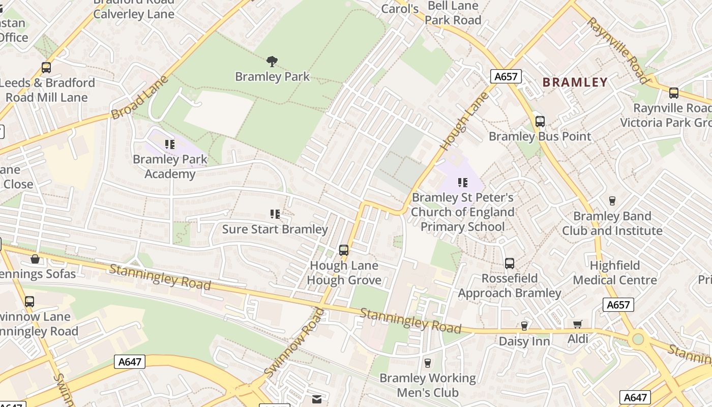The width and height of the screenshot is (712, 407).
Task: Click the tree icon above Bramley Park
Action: point(272,62)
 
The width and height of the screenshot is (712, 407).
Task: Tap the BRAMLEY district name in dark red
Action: point(575,82)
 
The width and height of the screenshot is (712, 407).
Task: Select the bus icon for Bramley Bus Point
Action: point(540,122)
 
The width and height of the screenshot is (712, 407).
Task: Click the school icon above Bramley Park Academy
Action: point(170,144)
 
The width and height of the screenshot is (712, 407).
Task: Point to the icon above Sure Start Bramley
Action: point(275,214)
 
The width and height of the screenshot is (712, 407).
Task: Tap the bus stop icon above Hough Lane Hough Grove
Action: point(344,250)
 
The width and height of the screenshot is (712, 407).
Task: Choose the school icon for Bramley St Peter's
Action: point(462,182)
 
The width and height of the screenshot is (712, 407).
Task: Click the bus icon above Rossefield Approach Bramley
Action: point(509,264)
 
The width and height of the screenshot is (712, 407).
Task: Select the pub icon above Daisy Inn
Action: point(524,326)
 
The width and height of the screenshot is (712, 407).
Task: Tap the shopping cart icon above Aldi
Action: point(577,325)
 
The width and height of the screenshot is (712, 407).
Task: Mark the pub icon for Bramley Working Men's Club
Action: point(427,363)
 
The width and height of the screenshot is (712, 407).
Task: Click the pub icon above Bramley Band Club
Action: point(612,201)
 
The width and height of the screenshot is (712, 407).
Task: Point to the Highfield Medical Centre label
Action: point(615,273)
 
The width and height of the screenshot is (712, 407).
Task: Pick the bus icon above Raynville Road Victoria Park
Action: point(673,93)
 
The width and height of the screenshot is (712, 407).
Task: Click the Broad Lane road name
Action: point(139,98)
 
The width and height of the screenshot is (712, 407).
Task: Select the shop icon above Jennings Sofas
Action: point(35,259)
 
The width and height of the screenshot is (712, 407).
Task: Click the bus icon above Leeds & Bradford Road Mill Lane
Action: point(46,68)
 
